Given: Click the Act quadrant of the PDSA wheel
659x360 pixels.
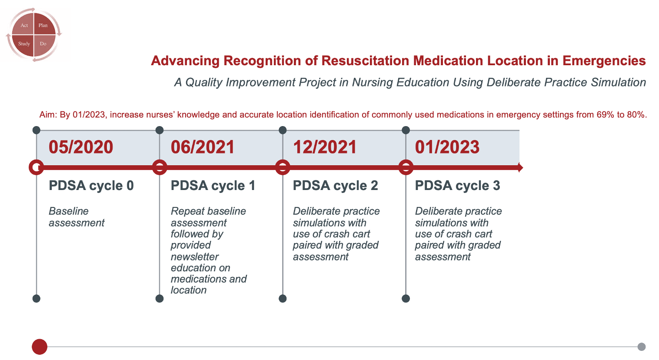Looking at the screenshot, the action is pyautogui.click(x=24, y=25).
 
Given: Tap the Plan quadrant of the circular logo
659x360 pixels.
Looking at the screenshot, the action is pyautogui.click(x=43, y=25).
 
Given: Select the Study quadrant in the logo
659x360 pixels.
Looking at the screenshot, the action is pyautogui.click(x=24, y=44).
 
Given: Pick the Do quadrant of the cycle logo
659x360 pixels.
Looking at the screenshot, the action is pyautogui.click(x=43, y=44).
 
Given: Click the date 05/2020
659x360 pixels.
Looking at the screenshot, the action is pyautogui.click(x=81, y=147).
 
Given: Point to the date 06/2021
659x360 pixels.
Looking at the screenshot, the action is pyautogui.click(x=203, y=147).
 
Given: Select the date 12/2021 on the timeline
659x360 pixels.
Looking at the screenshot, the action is pyautogui.click(x=325, y=147).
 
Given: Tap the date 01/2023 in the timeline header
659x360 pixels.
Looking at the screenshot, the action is pyautogui.click(x=447, y=147).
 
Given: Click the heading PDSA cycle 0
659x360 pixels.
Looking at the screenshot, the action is pyautogui.click(x=91, y=186).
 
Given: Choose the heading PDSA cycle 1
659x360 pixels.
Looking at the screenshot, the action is pyautogui.click(x=213, y=186).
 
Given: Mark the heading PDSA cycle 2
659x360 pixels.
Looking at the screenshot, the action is pyautogui.click(x=336, y=186).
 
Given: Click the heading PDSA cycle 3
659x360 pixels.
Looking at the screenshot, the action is pyautogui.click(x=457, y=186).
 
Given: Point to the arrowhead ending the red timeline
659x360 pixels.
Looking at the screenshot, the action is pyautogui.click(x=521, y=167).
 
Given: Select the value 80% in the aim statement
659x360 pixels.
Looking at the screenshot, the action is pyautogui.click(x=636, y=114).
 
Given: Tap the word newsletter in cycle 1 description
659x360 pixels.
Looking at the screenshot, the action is pyautogui.click(x=194, y=257).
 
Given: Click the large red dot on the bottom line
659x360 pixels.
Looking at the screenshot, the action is pyautogui.click(x=40, y=347).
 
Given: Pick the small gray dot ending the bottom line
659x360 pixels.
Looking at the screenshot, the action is pyautogui.click(x=641, y=347).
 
